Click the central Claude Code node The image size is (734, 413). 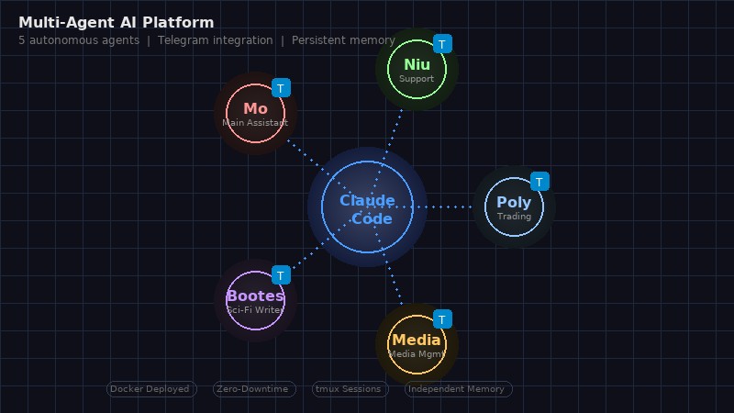pyautogui.click(x=367, y=207)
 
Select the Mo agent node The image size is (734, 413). pyautogui.click(x=255, y=114)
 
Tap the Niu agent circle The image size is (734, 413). pyautogui.click(x=417, y=69)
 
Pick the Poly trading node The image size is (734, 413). pyautogui.click(x=514, y=207)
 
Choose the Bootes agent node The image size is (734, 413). pyautogui.click(x=255, y=300)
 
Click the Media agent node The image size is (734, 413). pyautogui.click(x=417, y=344)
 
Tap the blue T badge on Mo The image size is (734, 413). pyautogui.click(x=282, y=88)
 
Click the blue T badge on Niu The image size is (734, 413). pyautogui.click(x=443, y=43)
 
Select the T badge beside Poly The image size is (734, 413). pyautogui.click(x=540, y=182)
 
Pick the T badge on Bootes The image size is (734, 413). pyautogui.click(x=282, y=275)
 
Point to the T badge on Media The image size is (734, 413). pyautogui.click(x=443, y=319)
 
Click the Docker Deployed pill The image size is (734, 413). pyautogui.click(x=151, y=389)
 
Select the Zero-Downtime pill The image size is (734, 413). pyautogui.click(x=254, y=389)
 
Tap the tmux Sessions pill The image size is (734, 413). pyautogui.click(x=348, y=389)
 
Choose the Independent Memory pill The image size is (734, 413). pyautogui.click(x=458, y=389)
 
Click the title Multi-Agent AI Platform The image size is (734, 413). pyautogui.click(x=116, y=23)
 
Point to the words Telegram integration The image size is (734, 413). pyautogui.click(x=215, y=40)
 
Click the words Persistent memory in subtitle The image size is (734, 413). pyautogui.click(x=343, y=40)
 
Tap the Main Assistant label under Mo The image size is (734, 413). pyautogui.click(x=255, y=123)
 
